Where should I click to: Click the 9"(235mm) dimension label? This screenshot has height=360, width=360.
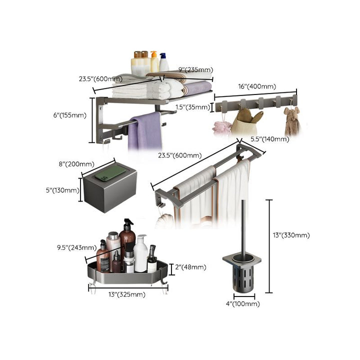coord(196,69)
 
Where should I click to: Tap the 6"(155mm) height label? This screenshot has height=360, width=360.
coord(70,115)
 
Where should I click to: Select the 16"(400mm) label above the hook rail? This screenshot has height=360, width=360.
coord(257,86)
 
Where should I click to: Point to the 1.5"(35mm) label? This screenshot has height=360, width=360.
coord(193,107)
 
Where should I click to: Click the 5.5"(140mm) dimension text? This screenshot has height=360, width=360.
coord(270,139)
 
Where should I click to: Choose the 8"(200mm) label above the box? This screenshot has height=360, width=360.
coord(76,164)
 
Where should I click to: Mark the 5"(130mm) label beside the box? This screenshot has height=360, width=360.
coord(62,190)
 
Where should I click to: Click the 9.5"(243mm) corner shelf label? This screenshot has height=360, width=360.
coord(76,247)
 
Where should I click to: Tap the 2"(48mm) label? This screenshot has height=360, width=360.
coord(190,267)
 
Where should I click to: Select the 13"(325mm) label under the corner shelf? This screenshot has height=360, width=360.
coord(126,294)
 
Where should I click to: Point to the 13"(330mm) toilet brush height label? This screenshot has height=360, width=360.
coord(291,235)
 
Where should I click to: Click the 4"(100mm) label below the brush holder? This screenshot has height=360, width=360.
coord(242,304)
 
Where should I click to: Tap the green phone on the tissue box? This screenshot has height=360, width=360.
coord(110,173)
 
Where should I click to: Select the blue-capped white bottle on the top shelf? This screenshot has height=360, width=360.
coord(163,62)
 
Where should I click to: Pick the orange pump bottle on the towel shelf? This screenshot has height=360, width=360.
coord(154,61)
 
